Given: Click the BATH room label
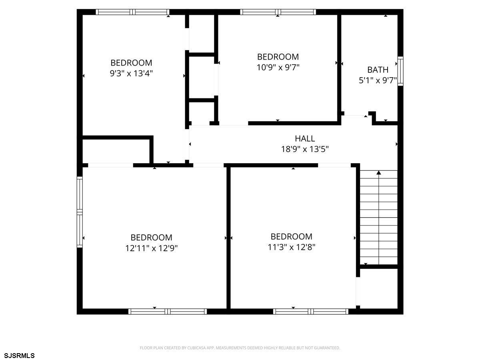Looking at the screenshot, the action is [x=378, y=70].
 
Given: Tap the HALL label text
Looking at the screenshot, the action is [x=305, y=138].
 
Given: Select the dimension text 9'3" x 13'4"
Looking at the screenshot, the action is [x=131, y=73].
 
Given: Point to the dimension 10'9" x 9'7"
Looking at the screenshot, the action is [x=278, y=67].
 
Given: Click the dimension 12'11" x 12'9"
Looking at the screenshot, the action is [x=151, y=248].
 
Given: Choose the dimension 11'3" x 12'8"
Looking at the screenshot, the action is [x=292, y=247].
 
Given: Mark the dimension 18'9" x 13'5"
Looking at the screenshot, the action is [x=305, y=149].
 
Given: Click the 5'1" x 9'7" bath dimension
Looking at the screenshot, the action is [x=378, y=80].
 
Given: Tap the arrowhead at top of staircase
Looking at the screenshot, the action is [x=379, y=173].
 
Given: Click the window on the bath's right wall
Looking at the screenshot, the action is [x=400, y=71].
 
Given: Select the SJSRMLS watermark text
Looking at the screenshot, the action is [x=19, y=356].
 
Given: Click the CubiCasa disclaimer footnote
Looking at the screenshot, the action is [x=240, y=348].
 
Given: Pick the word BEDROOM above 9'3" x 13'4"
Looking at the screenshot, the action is [x=131, y=63].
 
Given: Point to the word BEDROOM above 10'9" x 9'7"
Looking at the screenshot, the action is [x=278, y=57].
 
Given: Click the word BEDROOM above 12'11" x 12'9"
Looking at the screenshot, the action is [x=151, y=237].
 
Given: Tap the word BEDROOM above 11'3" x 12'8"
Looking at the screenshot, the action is [x=292, y=236].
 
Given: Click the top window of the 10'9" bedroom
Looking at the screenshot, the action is [x=278, y=12].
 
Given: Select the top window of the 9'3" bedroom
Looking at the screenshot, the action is [x=132, y=12].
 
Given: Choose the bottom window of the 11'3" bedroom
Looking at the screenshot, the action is [x=310, y=311].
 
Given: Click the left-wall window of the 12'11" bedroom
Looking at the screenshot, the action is [x=80, y=212].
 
